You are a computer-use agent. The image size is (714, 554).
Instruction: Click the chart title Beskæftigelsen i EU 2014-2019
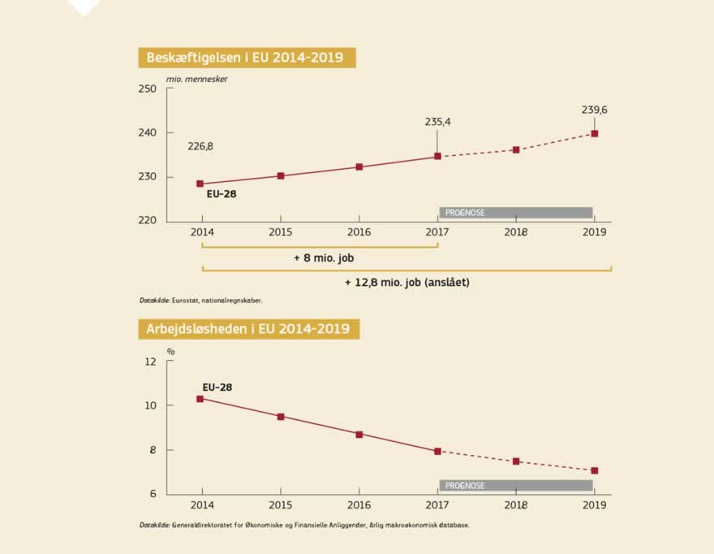246,58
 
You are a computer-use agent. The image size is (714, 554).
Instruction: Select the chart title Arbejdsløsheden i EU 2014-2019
248,329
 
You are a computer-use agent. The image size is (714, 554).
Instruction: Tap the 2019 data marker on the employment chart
595,133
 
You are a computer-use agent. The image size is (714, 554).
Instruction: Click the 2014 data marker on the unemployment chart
200,399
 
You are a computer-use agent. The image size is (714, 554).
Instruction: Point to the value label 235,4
437,122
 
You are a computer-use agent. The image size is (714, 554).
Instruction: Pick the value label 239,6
595,110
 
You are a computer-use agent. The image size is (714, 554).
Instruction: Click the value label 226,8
200,147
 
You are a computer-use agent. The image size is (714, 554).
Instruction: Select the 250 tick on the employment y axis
146,89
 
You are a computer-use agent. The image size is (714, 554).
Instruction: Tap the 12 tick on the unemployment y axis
149,361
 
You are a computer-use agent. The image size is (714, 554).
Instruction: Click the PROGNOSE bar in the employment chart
516,213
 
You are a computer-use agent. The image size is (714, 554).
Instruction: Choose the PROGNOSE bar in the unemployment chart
516,486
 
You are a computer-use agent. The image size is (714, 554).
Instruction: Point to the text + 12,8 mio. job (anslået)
406,283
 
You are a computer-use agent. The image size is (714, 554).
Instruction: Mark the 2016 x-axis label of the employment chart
359,232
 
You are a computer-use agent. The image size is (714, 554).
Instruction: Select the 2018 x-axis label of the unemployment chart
516,505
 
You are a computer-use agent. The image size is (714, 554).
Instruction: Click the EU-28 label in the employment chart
221,194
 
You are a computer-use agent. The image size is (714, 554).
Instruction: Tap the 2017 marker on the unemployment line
437,451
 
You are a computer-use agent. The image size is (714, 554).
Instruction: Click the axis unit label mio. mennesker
197,79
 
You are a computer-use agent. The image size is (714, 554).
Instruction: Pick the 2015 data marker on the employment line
281,175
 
